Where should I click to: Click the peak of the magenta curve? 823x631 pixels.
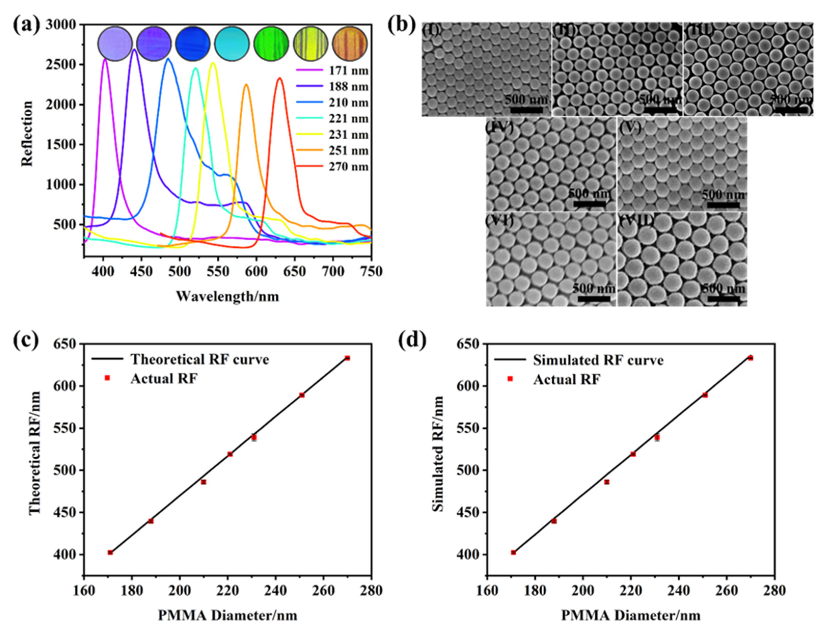click(105, 59)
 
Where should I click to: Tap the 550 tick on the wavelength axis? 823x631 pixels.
click(218, 271)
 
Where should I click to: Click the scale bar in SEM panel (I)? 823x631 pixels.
click(526, 110)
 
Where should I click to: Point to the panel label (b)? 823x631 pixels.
click(401, 25)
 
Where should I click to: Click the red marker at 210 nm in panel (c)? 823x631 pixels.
click(203, 482)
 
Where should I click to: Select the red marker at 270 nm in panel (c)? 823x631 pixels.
click(347, 358)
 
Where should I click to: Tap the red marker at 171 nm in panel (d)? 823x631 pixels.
click(513, 552)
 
